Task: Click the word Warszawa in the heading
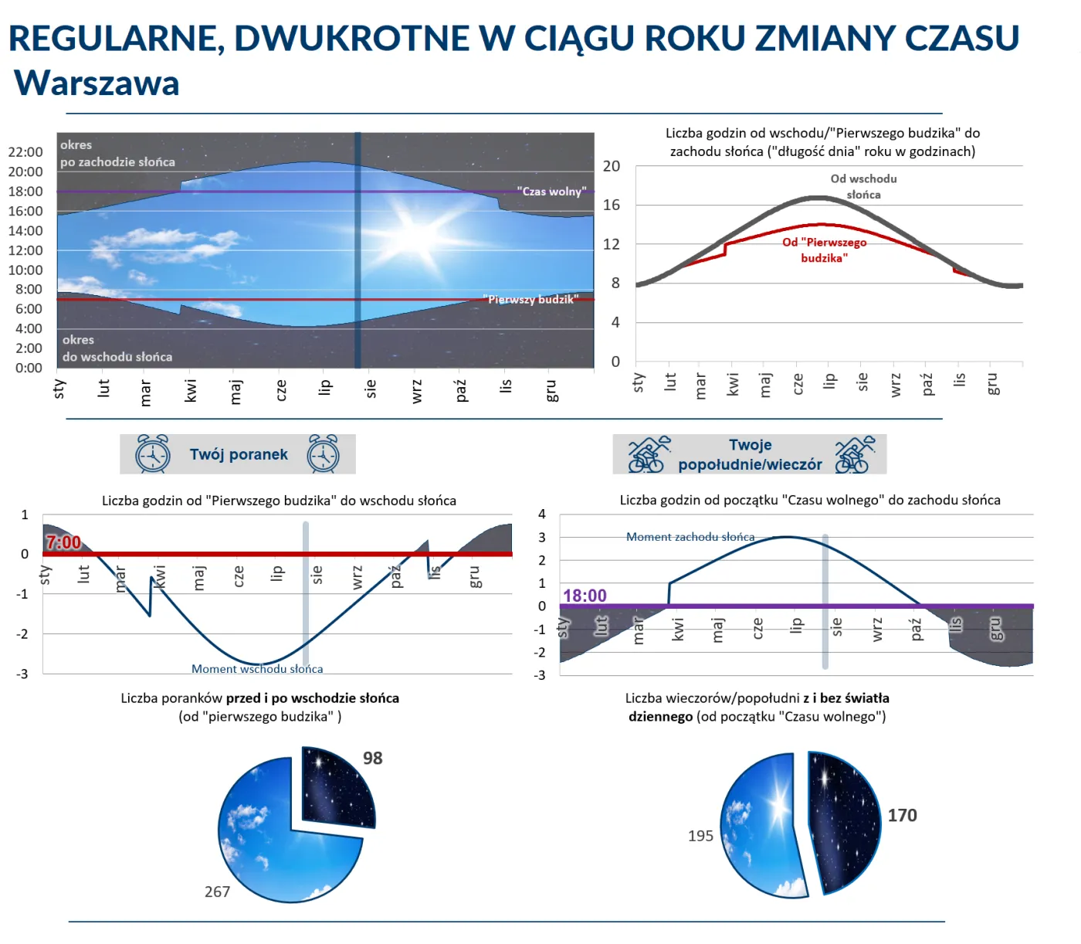tap(97, 83)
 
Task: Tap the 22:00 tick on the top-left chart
tap(25, 152)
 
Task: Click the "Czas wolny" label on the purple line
tap(551, 191)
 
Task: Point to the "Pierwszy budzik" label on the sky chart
tap(530, 299)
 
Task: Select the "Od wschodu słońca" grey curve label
tap(863, 186)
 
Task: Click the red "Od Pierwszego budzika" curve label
tap(824, 250)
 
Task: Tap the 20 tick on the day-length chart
tap(612, 166)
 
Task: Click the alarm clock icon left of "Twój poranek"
tap(152, 453)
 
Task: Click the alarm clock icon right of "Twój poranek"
tap(323, 453)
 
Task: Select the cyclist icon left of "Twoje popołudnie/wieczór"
tap(648, 454)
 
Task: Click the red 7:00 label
tap(63, 542)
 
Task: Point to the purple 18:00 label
tap(585, 596)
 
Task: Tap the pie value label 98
tap(373, 758)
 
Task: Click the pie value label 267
tap(217, 891)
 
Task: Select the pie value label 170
tap(902, 815)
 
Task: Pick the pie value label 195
tap(700, 836)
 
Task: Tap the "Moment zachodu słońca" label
tap(690, 537)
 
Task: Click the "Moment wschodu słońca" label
tap(257, 669)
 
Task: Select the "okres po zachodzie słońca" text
tap(117, 154)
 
